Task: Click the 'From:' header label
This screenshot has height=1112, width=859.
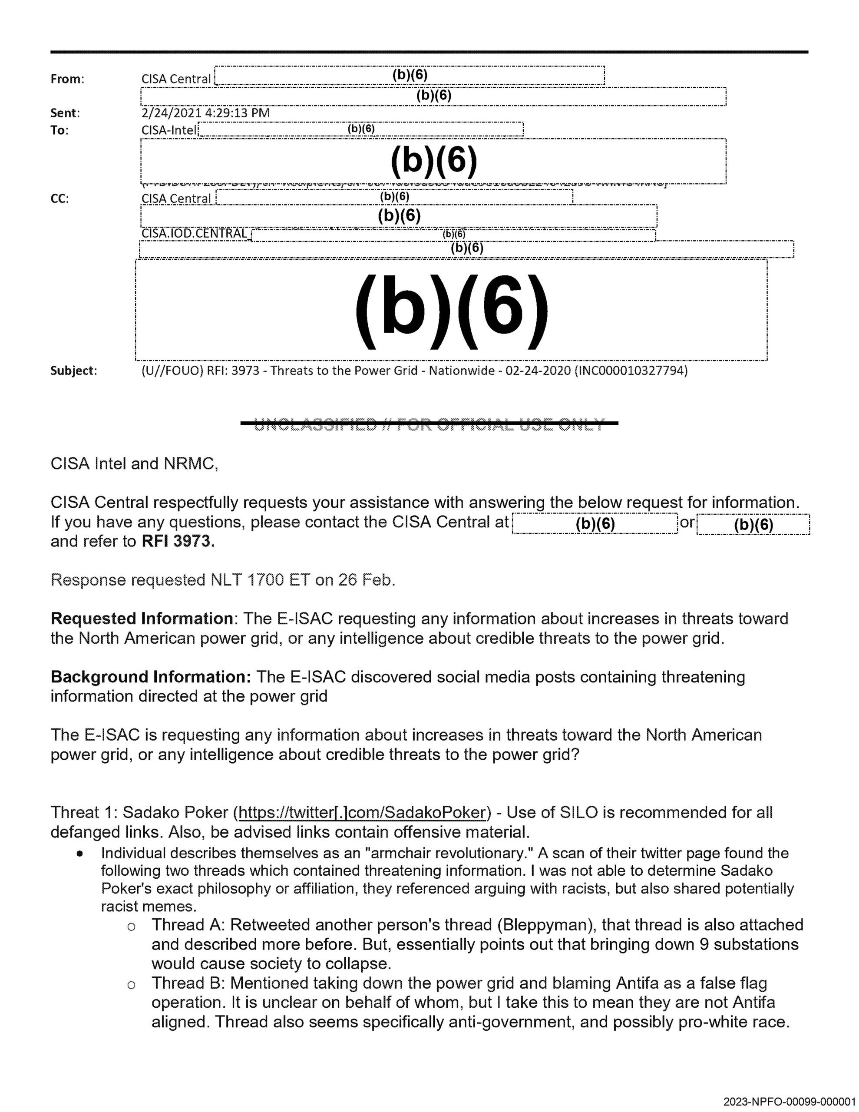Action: [67, 79]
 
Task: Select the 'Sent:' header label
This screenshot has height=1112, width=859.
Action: [65, 113]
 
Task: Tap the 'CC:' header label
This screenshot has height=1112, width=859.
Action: [59, 199]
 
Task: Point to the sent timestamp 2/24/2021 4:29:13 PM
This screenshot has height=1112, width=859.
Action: [205, 113]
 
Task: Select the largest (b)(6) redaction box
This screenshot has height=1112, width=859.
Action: [451, 310]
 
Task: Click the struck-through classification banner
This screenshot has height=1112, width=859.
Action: [429, 423]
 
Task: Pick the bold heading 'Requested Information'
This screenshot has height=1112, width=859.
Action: [142, 619]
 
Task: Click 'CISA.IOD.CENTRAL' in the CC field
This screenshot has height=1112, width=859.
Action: [195, 234]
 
